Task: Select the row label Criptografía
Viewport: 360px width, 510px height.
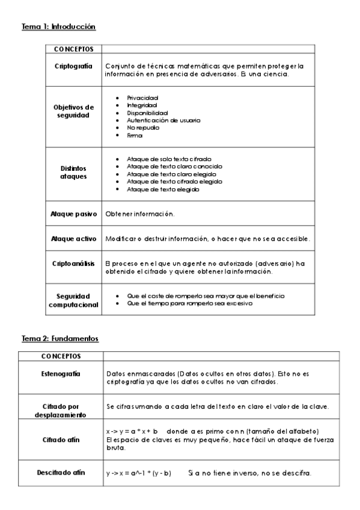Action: point(73,66)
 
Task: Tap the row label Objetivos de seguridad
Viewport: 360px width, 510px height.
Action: point(73,111)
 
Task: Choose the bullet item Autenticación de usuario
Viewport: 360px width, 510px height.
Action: point(163,120)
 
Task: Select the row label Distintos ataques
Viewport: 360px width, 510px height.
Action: point(73,174)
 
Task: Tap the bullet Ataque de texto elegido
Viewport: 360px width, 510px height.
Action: point(163,189)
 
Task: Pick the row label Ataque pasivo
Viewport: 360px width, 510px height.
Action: point(73,214)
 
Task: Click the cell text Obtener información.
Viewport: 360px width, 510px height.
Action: point(139,214)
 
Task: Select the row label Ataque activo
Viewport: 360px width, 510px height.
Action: point(73,239)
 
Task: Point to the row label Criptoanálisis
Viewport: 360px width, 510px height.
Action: point(73,263)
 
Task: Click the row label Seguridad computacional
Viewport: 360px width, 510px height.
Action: point(73,300)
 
